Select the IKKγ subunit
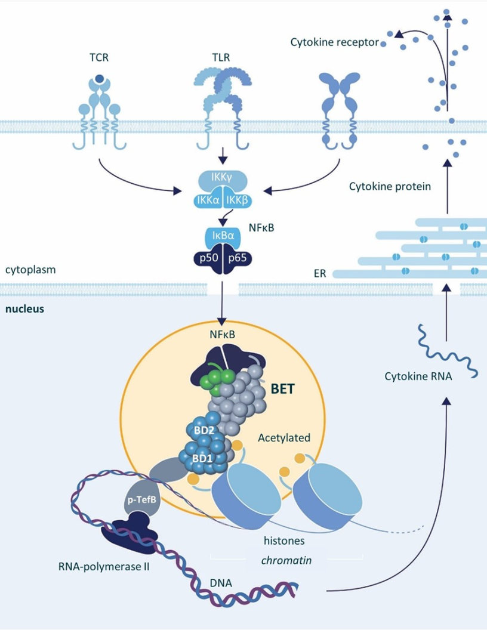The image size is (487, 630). [221, 177]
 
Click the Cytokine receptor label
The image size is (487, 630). [335, 42]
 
